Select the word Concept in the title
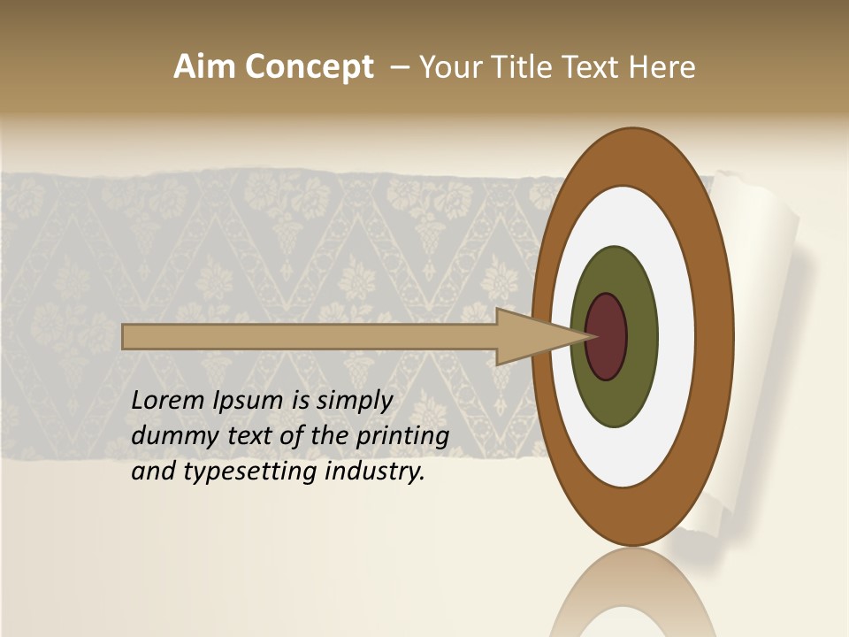point(309,68)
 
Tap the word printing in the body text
point(402,437)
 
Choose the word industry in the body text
point(375,472)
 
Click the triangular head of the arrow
point(531,337)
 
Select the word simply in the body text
point(354,401)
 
